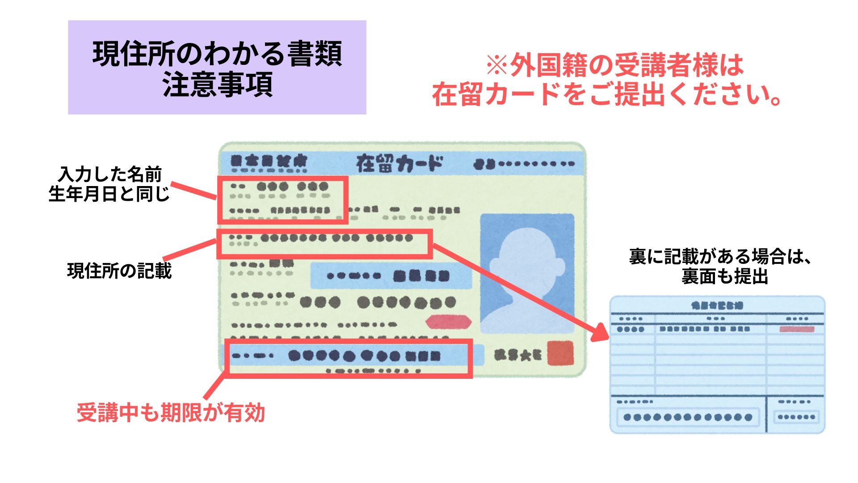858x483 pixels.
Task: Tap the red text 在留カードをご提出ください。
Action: coord(606,94)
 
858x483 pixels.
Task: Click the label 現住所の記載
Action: coord(119,271)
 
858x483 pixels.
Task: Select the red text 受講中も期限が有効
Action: coord(171,412)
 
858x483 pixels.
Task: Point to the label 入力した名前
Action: coord(110,174)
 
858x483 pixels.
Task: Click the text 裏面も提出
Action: coord(724,276)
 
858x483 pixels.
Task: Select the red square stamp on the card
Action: coord(560,353)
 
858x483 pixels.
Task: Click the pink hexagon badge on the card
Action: coord(448,322)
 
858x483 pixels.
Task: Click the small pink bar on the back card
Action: coord(797,329)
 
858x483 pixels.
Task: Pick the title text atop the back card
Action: coord(717,306)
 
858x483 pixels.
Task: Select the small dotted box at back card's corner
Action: coord(796,417)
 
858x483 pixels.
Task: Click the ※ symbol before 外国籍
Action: coord(497,65)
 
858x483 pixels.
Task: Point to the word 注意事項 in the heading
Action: coord(217,86)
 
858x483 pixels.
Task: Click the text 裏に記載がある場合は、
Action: coord(720,256)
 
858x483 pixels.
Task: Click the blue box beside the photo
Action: coord(391,275)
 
